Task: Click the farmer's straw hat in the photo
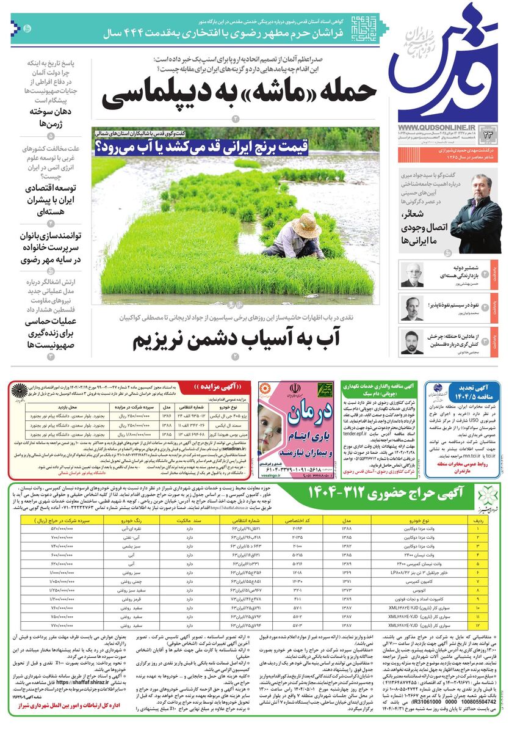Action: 306,225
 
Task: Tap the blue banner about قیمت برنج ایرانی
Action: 201,147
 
